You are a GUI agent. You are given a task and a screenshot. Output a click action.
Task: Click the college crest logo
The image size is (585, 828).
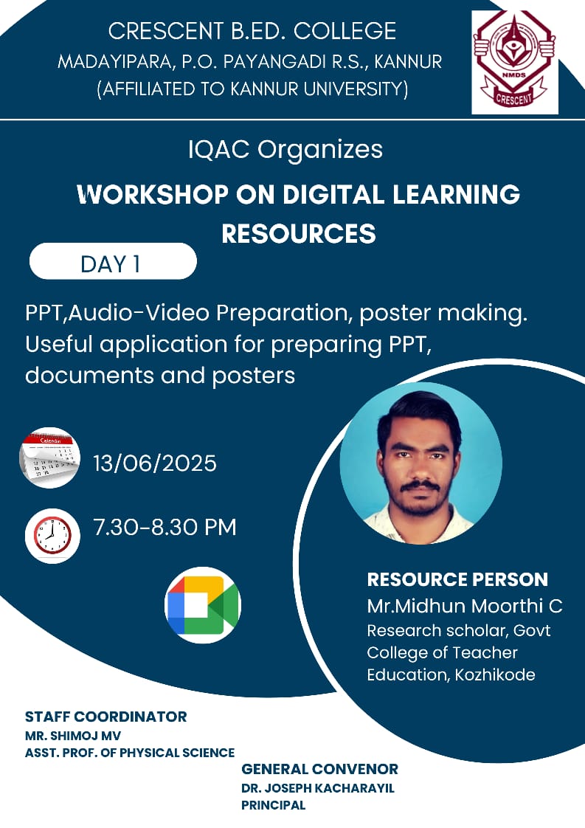[x=515, y=61]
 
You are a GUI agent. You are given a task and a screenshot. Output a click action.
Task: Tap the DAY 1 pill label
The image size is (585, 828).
[x=113, y=261]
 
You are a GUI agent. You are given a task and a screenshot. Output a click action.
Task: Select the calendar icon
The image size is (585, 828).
[x=49, y=458]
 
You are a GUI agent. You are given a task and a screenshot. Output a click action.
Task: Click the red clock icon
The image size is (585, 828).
[x=52, y=536]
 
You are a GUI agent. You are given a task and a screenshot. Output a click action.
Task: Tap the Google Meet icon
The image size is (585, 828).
[x=203, y=604]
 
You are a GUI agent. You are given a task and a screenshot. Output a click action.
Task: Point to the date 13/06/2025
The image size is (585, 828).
[x=155, y=463]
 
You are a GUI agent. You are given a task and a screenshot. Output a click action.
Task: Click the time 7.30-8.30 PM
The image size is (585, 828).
[x=165, y=527]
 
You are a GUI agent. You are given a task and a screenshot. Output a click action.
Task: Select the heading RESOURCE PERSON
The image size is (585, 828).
[x=458, y=579]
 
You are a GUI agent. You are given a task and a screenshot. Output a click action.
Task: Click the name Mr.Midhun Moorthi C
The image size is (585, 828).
[x=465, y=606]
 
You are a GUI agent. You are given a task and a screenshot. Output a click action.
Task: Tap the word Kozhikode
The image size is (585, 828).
[x=495, y=675]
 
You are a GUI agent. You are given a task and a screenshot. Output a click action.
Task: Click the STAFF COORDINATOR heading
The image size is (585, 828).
[x=106, y=717]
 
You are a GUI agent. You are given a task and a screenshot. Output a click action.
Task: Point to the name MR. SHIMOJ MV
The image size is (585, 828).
[x=73, y=736]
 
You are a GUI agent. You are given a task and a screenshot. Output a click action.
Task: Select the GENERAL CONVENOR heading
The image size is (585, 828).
[x=320, y=769]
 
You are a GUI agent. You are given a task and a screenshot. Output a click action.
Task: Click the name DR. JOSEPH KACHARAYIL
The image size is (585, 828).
[x=318, y=788]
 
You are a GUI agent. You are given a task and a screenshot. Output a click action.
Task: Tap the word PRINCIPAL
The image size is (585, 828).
[x=274, y=805]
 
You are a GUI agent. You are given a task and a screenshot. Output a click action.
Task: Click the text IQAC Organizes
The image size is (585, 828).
[x=285, y=150]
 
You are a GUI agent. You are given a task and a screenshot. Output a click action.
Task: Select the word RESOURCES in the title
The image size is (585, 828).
[x=299, y=234]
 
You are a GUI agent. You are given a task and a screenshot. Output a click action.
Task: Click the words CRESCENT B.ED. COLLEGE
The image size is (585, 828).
[x=252, y=31]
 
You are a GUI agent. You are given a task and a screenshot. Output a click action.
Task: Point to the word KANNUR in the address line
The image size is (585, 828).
[x=408, y=62]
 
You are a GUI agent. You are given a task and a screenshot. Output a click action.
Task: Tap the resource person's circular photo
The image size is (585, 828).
[x=420, y=463]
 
